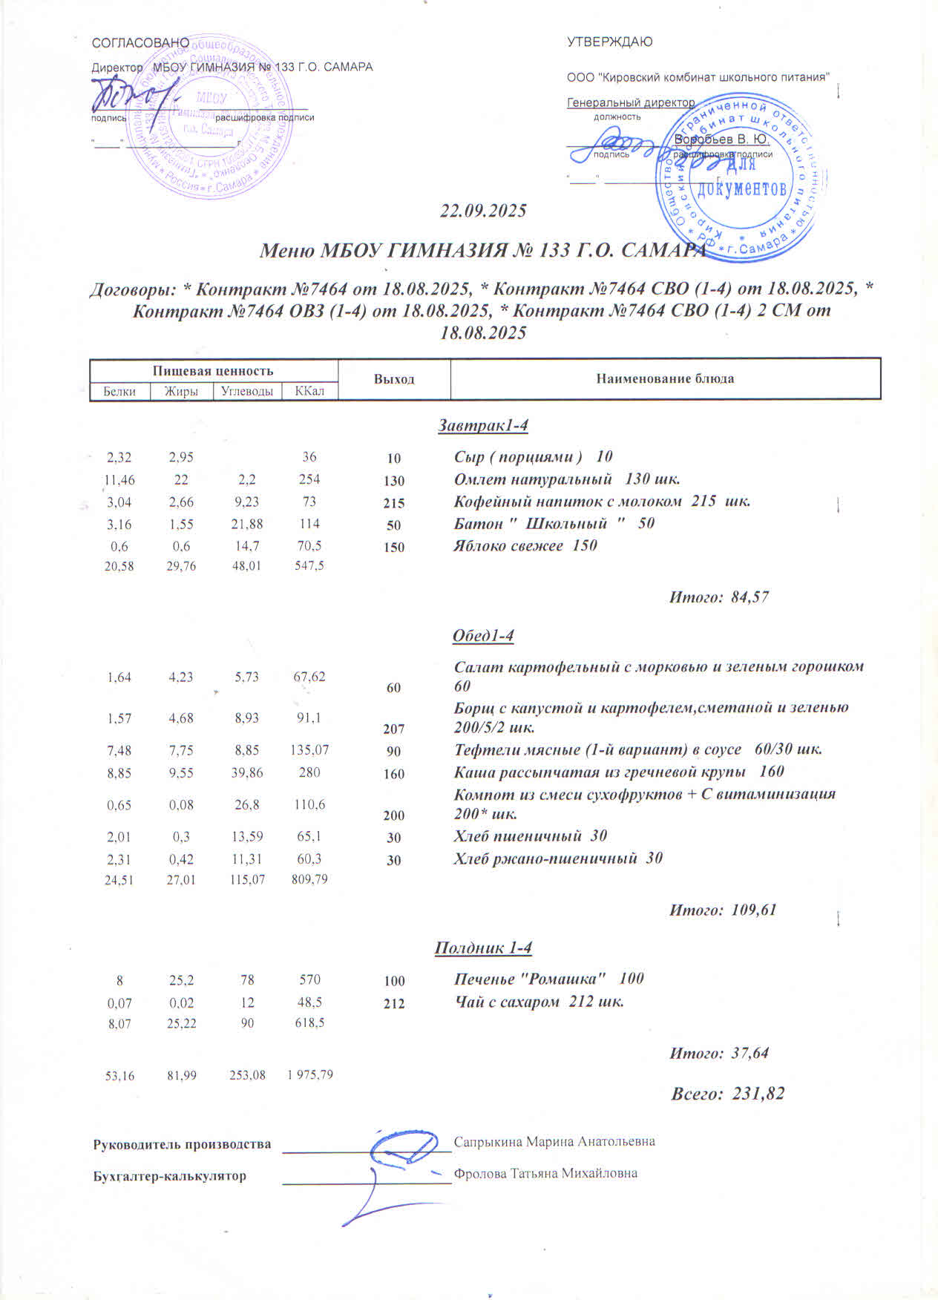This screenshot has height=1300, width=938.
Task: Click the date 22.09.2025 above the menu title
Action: pos(483,211)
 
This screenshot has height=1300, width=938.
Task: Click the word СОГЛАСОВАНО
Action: pos(140,43)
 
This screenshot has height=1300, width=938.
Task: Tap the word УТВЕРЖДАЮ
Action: pos(610,42)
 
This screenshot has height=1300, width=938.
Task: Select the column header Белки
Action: pos(119,391)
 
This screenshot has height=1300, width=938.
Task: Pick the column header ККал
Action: pos(309,391)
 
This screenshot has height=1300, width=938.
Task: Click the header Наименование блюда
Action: pos(665,378)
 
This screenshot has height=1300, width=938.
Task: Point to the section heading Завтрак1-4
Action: pos(483,426)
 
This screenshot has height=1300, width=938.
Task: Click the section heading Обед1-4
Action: pos(483,636)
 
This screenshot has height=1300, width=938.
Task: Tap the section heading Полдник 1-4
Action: pos(483,948)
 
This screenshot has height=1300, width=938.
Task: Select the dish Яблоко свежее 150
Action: pos(525,546)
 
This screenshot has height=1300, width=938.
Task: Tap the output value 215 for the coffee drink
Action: pos(393,503)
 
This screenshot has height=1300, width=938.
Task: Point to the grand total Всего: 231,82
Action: pos(727,1093)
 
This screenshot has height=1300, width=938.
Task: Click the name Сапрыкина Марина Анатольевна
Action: pos(554,1141)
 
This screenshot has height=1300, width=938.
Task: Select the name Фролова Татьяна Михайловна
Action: pos(545,1173)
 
